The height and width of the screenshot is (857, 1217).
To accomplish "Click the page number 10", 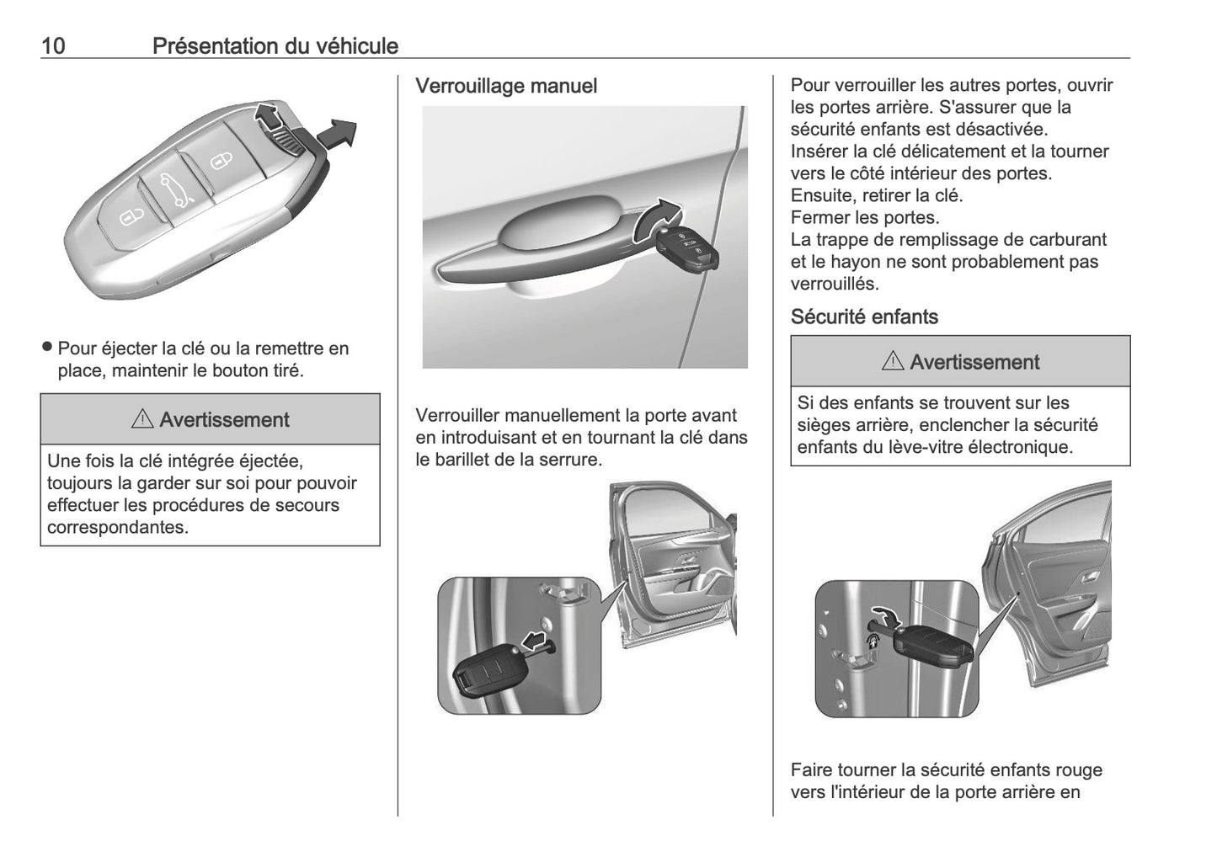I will pos(53,46).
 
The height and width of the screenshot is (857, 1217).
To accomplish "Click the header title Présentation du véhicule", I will pos(275,46).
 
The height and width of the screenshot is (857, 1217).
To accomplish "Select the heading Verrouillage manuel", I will pos(506,86).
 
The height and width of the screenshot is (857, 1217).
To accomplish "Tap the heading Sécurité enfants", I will pos(864,317).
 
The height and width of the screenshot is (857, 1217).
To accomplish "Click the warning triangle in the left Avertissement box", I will pos(142,420).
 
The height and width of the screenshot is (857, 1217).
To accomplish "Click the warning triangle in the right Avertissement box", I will pos(893,363).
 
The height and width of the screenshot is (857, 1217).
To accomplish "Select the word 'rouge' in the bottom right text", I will pos(1080,769).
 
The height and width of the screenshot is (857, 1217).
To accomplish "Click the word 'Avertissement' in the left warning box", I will pos(224,420).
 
